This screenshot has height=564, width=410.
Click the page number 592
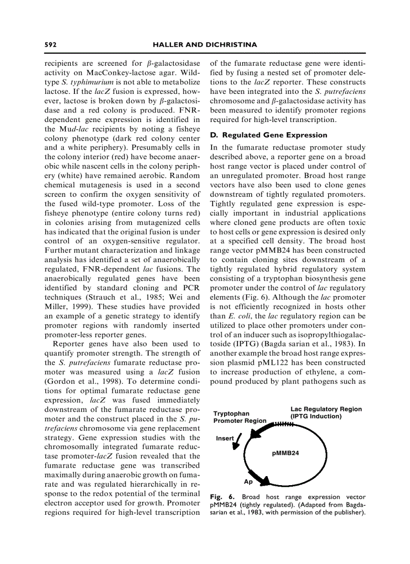50,45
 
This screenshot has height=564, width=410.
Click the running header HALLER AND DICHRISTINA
204,45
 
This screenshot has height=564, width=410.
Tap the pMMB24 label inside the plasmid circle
285,453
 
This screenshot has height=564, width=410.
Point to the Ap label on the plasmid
248,482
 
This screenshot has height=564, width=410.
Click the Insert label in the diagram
225,438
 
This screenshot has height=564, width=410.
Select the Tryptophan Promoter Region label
240,417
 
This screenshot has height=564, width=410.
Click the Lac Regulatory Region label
326,409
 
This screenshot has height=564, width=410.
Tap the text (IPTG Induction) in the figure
316,416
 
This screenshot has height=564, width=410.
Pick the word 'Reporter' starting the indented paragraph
68,344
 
